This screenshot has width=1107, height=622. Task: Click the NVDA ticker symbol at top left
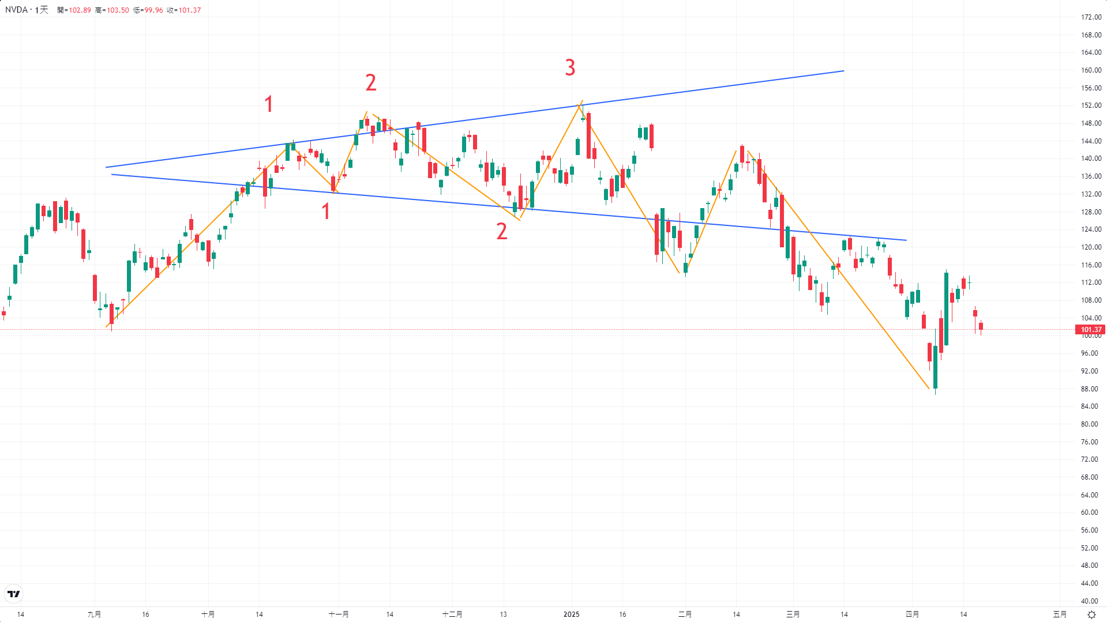pyautogui.click(x=16, y=10)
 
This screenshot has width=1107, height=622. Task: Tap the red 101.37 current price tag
pyautogui.click(x=1090, y=330)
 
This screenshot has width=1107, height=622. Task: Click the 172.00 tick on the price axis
pyautogui.click(x=1091, y=17)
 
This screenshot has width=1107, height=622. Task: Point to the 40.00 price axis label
pyautogui.click(x=1089, y=601)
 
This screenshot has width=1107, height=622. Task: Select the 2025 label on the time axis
pyautogui.click(x=571, y=614)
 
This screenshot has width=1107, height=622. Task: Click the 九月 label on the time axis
pyautogui.click(x=94, y=614)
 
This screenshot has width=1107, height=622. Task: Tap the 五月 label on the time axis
pyautogui.click(x=1060, y=614)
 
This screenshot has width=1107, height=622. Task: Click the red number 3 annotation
pyautogui.click(x=570, y=68)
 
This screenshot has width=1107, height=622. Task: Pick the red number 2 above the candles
pyautogui.click(x=371, y=83)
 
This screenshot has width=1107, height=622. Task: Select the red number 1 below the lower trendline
pyautogui.click(x=326, y=212)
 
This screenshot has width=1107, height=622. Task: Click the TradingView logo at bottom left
pyautogui.click(x=13, y=594)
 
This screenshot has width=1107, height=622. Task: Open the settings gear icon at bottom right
pyautogui.click(x=1091, y=615)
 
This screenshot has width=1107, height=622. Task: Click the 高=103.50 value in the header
pyautogui.click(x=112, y=10)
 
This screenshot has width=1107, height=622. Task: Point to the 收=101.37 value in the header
pyautogui.click(x=184, y=10)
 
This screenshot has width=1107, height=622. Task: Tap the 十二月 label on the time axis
pyautogui.click(x=452, y=614)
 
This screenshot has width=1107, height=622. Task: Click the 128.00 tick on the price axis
pyautogui.click(x=1091, y=212)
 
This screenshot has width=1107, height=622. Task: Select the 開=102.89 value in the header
pyautogui.click(x=74, y=10)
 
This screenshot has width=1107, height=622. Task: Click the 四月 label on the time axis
pyautogui.click(x=912, y=614)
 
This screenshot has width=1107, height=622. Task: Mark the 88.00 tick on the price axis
pyautogui.click(x=1089, y=389)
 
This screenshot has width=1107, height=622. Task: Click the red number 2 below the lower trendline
pyautogui.click(x=502, y=232)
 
